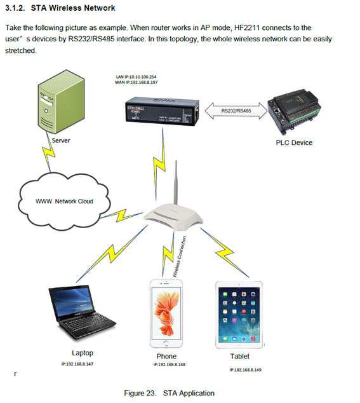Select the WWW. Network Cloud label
64,201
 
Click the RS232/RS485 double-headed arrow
234,111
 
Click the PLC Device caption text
294,143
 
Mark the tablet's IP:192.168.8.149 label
244,369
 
